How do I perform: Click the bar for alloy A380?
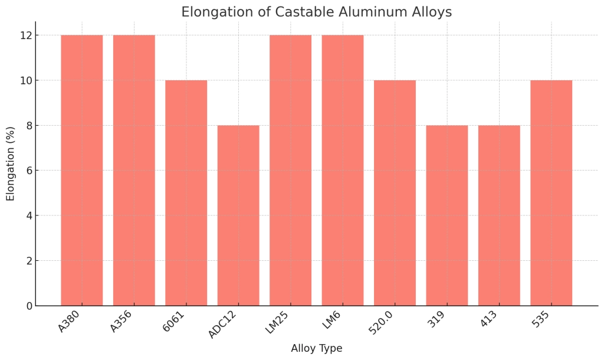pos(81,171)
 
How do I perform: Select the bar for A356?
pos(134,171)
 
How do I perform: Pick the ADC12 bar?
pos(238,215)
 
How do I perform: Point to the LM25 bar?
pos(290,171)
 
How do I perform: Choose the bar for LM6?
pos(343,171)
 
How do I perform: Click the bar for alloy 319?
pos(447,215)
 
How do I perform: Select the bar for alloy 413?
pos(499,215)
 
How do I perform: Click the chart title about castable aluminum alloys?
pos(316,12)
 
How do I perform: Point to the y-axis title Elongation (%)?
pos(11,163)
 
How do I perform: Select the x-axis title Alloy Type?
pos(316,348)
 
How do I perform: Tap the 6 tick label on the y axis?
pos(27,171)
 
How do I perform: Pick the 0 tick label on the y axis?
pos(27,306)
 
